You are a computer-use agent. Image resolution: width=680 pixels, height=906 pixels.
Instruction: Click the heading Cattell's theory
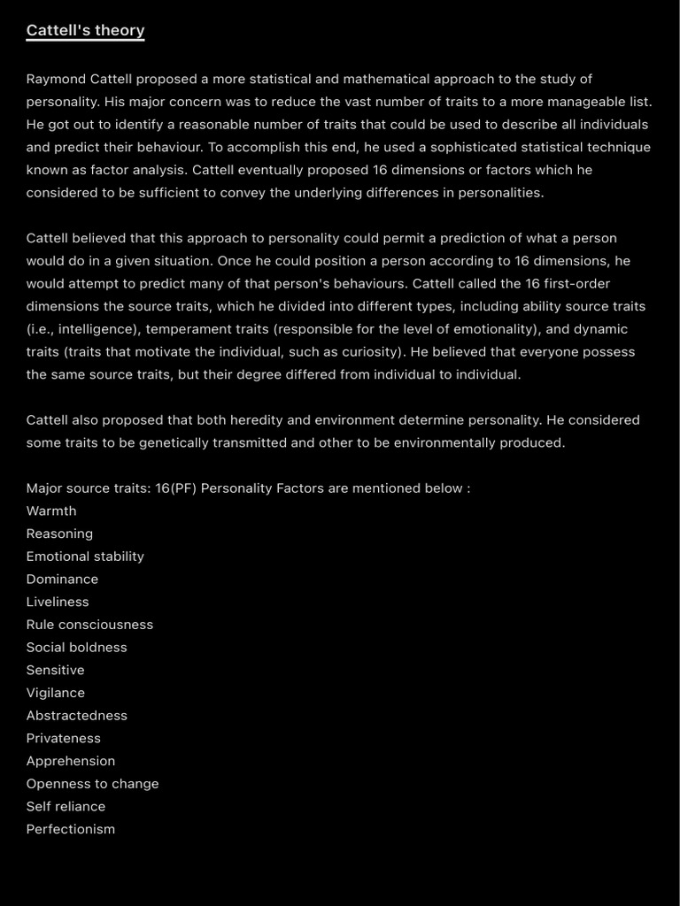point(85,31)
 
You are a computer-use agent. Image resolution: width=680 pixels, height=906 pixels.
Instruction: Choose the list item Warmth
point(51,511)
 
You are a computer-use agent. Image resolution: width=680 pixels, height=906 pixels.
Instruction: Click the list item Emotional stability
point(85,557)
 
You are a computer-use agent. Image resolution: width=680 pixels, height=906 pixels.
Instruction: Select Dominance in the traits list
point(62,580)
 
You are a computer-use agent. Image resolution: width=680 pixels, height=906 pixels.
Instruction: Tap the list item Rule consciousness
point(89,625)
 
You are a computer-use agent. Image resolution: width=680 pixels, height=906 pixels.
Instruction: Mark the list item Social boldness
point(76,648)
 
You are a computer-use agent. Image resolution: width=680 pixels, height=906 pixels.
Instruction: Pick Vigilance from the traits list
point(56,693)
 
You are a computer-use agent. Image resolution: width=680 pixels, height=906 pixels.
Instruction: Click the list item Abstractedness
point(76,716)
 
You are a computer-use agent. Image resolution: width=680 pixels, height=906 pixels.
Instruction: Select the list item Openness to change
point(92,784)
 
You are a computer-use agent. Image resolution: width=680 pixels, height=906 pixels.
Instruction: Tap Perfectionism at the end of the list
point(71,829)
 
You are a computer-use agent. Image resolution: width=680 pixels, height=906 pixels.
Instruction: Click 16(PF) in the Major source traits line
point(175,488)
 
